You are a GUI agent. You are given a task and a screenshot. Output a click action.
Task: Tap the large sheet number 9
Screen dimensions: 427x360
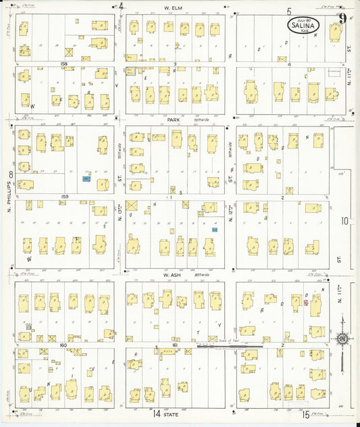[x=343, y=18]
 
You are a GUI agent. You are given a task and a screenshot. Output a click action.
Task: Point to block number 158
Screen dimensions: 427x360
[x=65, y=64]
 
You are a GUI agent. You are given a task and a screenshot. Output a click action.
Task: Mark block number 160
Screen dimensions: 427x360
[x=65, y=345]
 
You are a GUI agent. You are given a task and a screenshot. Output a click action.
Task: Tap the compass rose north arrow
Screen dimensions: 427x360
[x=342, y=338]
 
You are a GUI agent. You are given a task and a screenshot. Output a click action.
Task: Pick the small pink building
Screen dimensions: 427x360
[x=305, y=303]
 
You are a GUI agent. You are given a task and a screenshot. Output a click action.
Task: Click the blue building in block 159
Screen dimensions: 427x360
[x=86, y=179]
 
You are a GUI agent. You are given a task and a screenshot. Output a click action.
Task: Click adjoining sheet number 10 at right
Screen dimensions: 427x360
[x=345, y=220]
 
